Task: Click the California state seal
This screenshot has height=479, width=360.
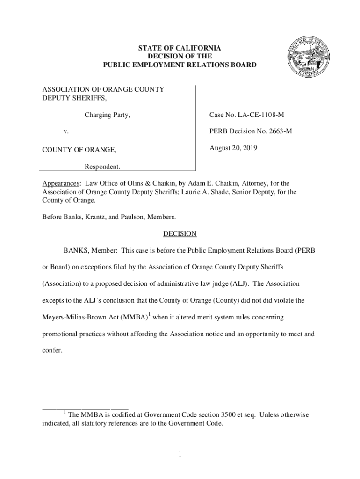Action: click(306, 58)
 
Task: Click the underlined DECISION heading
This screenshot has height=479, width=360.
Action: click(180, 234)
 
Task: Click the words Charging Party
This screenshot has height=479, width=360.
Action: click(107, 115)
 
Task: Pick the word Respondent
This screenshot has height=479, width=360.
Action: click(102, 166)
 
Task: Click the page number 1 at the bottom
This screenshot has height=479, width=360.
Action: click(180, 454)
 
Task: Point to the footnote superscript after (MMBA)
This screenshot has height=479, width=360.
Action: click(149, 315)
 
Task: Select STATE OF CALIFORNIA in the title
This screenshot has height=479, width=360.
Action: click(180, 48)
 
